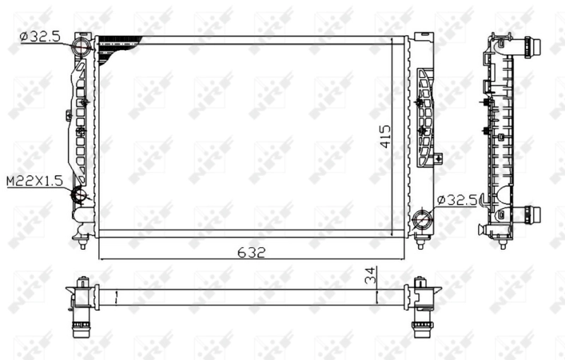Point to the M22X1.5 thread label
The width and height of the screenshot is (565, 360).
click(34, 181)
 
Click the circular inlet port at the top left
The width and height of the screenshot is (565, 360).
click(82, 47)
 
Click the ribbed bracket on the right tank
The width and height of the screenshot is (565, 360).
click(425, 116)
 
